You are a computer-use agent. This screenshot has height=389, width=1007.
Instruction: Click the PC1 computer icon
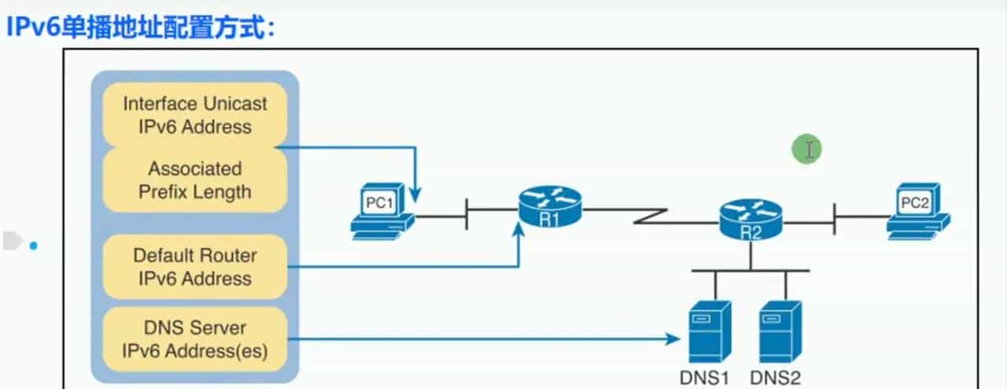[382, 210]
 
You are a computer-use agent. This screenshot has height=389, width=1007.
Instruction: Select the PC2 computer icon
[917, 211]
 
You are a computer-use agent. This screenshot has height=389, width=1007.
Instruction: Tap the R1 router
[550, 207]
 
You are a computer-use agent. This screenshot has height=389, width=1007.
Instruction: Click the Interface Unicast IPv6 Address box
[194, 115]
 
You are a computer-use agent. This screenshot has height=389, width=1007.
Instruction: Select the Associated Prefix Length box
[194, 180]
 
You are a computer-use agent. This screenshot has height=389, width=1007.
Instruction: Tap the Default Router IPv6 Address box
[194, 267]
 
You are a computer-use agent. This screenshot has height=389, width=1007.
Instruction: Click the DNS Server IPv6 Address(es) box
[194, 339]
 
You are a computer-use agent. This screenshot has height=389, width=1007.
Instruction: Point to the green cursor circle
[807, 149]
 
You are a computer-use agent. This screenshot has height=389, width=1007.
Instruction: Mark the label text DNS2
[776, 378]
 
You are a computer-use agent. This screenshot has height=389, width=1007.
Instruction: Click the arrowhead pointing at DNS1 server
[673, 339]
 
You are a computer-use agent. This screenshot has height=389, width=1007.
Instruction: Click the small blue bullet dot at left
[33, 246]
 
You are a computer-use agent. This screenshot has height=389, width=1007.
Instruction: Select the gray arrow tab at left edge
[11, 241]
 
